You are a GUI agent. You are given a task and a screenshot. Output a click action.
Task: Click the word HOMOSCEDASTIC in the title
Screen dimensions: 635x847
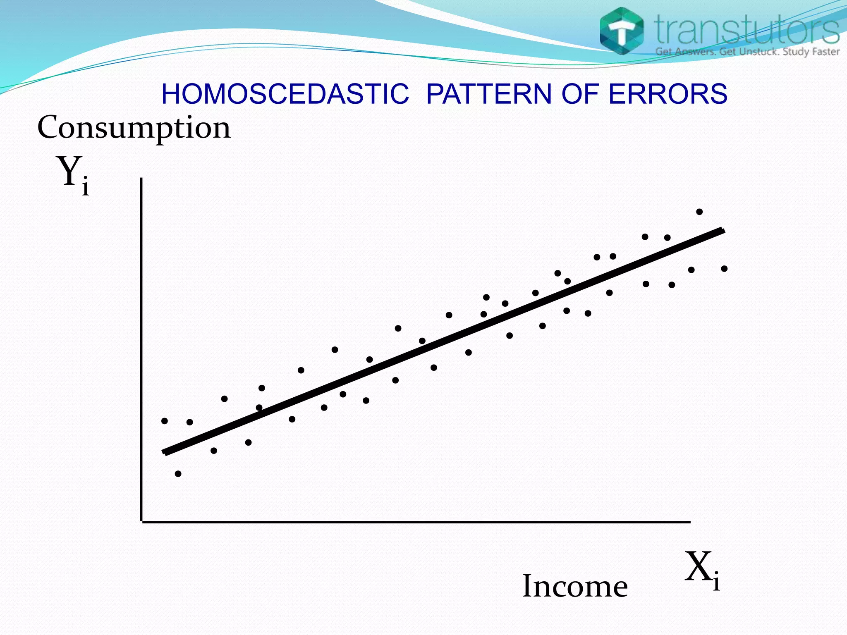(285, 94)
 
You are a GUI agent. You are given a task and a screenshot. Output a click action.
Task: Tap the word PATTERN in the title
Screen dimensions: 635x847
(489, 94)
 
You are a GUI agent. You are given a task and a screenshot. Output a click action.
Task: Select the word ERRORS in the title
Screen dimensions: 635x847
(668, 94)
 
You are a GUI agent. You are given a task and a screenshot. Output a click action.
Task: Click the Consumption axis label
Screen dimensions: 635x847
(134, 128)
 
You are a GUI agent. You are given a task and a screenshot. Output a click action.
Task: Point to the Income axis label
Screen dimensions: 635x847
(575, 586)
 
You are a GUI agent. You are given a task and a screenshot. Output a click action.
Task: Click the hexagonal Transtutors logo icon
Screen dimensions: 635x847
(621, 31)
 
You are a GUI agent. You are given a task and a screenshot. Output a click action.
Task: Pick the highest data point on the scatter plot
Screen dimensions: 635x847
(699, 212)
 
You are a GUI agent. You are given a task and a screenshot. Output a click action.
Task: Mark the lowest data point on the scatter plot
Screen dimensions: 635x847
(178, 474)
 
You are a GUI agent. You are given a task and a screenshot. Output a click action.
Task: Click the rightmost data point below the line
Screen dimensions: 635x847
(724, 269)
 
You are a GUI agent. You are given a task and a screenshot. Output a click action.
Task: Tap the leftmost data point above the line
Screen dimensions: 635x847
(164, 421)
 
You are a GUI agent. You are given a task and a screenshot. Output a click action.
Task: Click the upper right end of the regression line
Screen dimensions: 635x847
(723, 231)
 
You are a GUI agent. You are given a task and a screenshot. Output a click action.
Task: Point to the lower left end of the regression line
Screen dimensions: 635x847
(164, 453)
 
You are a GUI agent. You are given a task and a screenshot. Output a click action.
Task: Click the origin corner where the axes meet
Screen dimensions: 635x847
(142, 522)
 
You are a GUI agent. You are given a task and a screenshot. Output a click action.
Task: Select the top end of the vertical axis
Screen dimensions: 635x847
(141, 179)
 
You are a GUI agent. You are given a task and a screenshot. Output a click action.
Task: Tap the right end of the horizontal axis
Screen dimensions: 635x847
(689, 522)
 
